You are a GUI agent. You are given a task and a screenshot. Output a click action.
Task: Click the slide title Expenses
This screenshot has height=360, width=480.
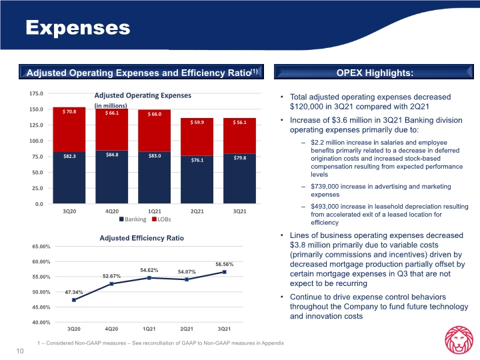(x=78, y=28)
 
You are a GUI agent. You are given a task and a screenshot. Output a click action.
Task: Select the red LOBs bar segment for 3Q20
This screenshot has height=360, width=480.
(x=69, y=129)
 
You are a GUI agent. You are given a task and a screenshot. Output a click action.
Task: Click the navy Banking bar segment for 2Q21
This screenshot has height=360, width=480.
(x=197, y=180)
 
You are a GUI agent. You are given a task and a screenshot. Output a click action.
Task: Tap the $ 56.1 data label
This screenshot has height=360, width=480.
(x=239, y=123)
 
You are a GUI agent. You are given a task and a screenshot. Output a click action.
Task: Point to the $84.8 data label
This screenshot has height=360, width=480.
(x=112, y=155)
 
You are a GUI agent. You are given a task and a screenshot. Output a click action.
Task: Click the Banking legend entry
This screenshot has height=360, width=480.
(x=133, y=219)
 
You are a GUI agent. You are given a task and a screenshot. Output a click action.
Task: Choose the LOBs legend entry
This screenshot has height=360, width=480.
(x=161, y=219)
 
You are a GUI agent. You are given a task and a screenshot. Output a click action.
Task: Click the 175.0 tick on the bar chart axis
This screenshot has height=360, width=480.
(x=36, y=93)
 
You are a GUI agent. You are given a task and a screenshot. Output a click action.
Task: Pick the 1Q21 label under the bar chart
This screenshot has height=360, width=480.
(x=154, y=211)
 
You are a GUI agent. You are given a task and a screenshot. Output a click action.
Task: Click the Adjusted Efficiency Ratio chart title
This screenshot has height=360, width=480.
(x=142, y=238)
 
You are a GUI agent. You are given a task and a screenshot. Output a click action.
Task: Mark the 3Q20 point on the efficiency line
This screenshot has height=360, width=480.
(x=74, y=300)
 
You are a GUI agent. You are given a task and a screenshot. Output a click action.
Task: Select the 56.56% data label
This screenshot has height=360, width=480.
(x=225, y=264)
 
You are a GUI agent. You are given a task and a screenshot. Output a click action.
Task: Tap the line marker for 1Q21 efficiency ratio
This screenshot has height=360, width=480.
(x=149, y=278)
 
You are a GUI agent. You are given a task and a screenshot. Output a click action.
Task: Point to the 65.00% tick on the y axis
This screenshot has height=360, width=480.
(x=41, y=247)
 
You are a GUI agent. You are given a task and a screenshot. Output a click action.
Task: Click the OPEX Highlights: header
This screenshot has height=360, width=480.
(x=375, y=73)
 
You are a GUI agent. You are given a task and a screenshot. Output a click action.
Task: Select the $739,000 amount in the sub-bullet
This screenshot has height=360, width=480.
(x=325, y=187)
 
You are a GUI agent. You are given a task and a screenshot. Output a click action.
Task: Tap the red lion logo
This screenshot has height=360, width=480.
(x=459, y=340)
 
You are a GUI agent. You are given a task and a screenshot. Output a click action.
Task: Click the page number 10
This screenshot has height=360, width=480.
(x=20, y=351)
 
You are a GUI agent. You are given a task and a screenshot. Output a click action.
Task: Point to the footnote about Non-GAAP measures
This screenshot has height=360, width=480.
(x=161, y=343)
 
